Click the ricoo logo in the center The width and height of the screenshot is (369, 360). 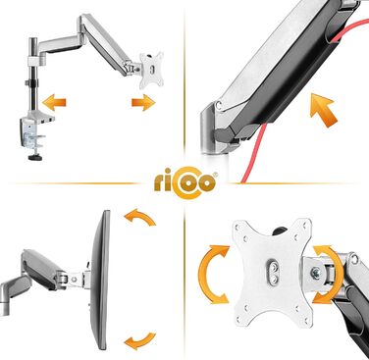(x=184, y=182)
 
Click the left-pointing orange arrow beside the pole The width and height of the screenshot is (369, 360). (x=54, y=102)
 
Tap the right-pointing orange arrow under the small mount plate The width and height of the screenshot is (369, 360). (x=143, y=103)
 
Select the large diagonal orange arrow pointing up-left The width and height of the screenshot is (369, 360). (x=323, y=110)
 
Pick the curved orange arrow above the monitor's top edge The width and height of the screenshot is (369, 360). (x=140, y=216)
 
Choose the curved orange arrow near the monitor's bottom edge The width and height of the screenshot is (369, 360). (x=140, y=340)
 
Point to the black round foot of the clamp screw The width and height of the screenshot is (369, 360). (x=35, y=158)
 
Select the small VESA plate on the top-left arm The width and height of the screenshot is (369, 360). (x=151, y=70)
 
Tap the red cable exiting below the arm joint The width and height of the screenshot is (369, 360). (x=254, y=153)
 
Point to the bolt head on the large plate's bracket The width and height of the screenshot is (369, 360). (x=316, y=273)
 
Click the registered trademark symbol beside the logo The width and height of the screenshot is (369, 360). (x=215, y=176)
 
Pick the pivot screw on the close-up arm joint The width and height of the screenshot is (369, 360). (x=218, y=105)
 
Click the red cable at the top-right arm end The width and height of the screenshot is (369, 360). (x=351, y=29)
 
